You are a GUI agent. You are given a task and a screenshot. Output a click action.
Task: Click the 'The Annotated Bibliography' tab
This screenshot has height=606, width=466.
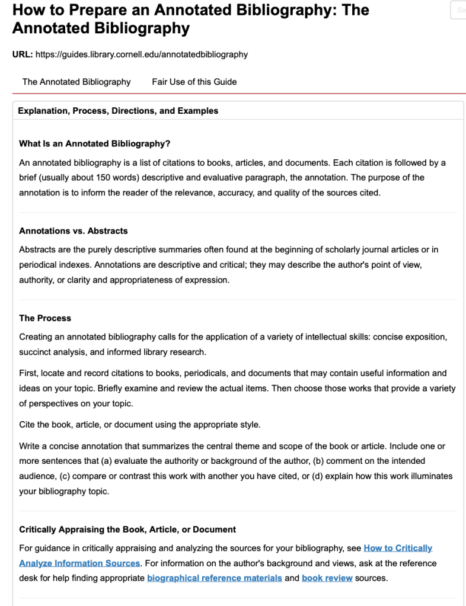click(76, 82)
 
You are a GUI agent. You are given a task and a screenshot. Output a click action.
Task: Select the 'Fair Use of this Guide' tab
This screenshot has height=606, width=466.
click(194, 82)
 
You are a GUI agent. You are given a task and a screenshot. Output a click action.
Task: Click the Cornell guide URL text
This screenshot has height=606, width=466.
click(142, 54)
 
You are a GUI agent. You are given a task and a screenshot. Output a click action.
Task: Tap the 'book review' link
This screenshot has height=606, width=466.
click(327, 578)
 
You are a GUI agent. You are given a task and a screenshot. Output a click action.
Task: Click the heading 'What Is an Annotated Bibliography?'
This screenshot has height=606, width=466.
click(95, 143)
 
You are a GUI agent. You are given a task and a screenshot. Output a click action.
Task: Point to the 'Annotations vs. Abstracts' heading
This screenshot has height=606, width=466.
click(74, 230)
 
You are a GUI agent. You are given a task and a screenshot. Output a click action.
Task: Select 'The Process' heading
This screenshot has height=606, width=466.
click(45, 318)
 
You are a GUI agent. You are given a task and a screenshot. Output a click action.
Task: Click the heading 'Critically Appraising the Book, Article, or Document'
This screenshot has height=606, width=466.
click(127, 529)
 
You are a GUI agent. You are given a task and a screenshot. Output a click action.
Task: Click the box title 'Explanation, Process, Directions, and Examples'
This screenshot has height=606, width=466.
click(118, 111)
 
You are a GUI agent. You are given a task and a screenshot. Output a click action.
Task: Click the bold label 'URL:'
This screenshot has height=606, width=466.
click(23, 54)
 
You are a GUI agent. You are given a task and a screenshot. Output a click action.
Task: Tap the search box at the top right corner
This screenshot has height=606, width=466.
click(459, 10)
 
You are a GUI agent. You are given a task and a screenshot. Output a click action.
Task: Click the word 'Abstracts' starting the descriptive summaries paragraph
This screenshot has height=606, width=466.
click(37, 250)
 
